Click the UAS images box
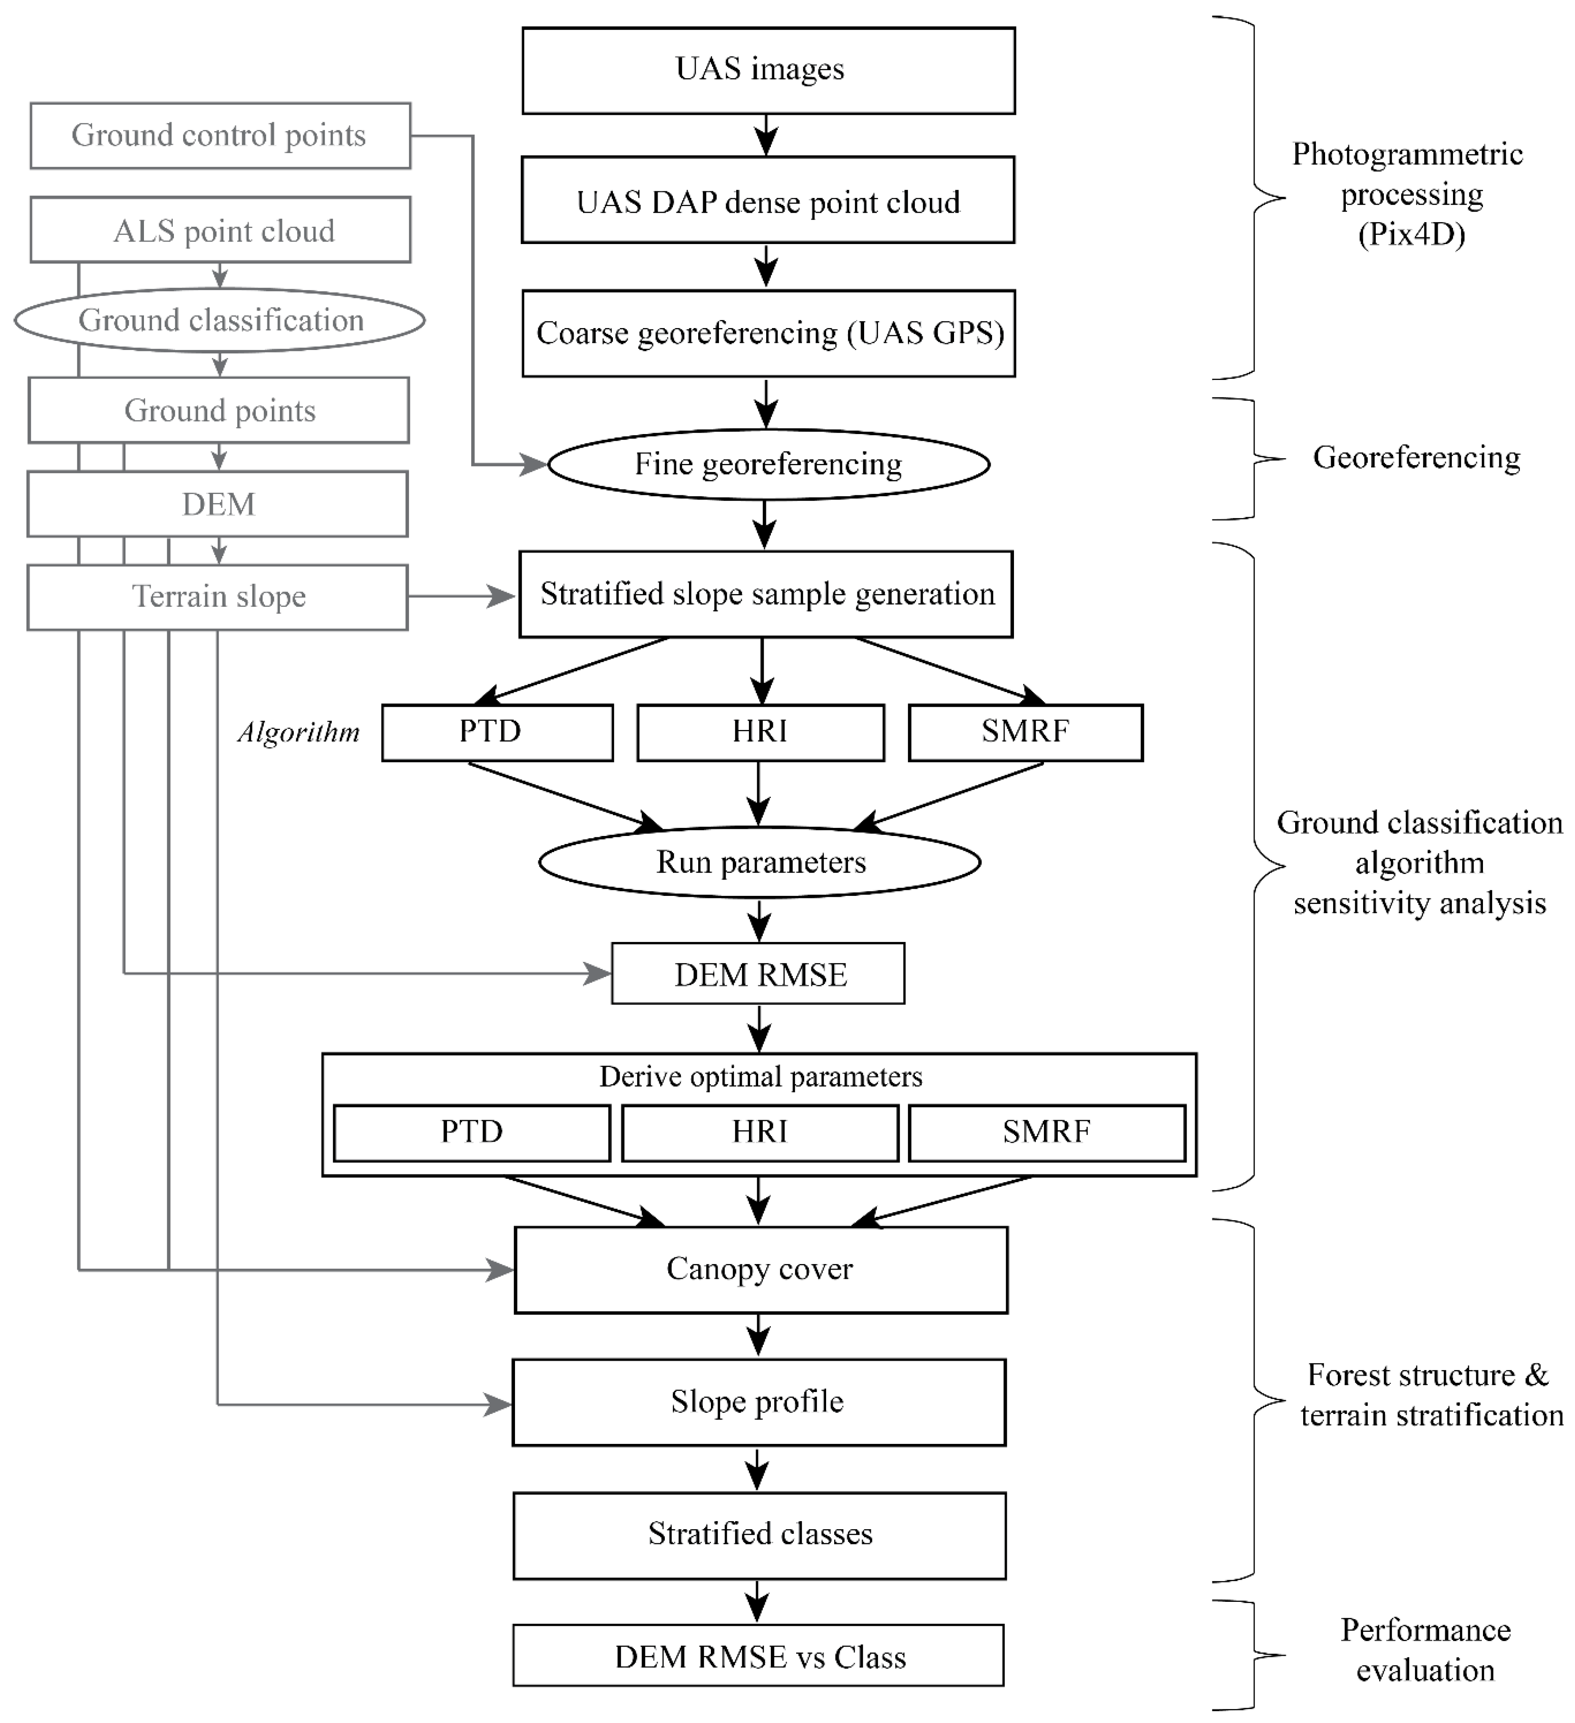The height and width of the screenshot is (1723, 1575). click(x=768, y=70)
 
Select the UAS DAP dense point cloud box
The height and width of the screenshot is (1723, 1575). click(x=768, y=200)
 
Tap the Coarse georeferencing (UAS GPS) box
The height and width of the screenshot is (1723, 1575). click(x=768, y=333)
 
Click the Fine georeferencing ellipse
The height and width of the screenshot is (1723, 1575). click(x=768, y=464)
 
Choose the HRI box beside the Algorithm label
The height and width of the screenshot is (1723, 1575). click(x=761, y=733)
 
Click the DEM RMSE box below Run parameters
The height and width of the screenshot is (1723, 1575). click(x=758, y=974)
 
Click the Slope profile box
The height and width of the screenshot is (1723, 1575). click(x=759, y=1403)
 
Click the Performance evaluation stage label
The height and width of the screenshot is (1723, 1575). click(x=1426, y=1650)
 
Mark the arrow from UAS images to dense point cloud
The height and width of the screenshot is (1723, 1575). click(x=767, y=135)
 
